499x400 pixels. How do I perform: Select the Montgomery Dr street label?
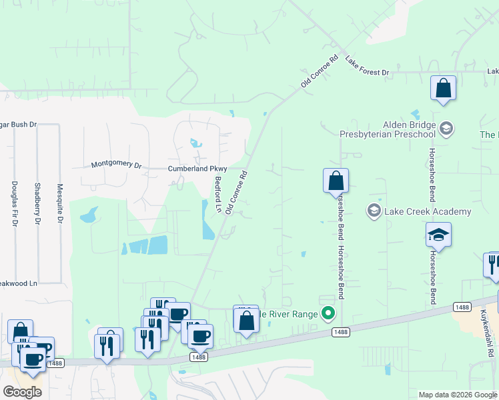pos(116,164)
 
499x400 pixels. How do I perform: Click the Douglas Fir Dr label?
pos(14,203)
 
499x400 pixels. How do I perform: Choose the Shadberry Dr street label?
pos(37,203)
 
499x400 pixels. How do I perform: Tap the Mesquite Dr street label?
pos(60,203)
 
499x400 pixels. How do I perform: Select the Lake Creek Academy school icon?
pos(374,211)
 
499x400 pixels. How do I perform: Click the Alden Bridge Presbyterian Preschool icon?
pos(446,127)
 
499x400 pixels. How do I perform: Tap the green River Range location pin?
pos(328,313)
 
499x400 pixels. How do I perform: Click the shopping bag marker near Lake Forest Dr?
pos(442,88)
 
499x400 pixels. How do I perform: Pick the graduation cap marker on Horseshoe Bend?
pos(438,235)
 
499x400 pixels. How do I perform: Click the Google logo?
pos(22,391)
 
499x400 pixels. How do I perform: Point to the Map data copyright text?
pos(458,395)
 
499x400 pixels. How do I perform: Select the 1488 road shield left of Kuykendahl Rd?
pos(462,307)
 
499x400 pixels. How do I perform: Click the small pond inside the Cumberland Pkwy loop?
pos(195,143)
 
